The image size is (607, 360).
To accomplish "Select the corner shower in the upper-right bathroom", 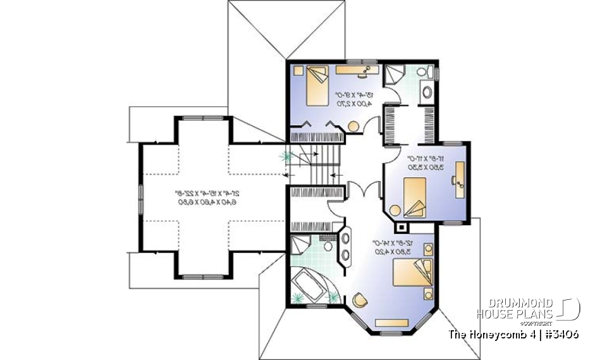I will click(x=396, y=75).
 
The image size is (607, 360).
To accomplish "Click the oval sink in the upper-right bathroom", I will click(x=427, y=93).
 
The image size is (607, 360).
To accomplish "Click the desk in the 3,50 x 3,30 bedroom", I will click(x=458, y=174).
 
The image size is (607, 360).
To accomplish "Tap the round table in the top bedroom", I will click(x=353, y=125).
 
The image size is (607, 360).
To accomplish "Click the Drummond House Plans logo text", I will click(x=515, y=308).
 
